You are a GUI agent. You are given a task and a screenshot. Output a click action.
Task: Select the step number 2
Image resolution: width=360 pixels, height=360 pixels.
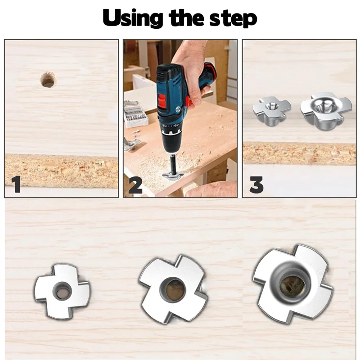coord(135,185)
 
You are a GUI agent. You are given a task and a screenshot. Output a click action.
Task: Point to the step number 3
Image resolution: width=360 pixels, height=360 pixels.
coord(256,185)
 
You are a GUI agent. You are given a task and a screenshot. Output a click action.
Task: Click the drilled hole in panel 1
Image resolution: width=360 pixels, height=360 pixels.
coord(48,80)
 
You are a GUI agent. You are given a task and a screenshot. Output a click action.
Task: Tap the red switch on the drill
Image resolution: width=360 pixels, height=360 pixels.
coord(163,100)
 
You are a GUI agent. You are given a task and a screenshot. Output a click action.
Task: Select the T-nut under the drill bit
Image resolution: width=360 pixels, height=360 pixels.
coord(172,176)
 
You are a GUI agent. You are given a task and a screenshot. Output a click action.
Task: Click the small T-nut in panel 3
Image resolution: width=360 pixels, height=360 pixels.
coord(272,111)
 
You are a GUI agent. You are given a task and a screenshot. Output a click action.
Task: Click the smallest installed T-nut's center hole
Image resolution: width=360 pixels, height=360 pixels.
coord(62,290)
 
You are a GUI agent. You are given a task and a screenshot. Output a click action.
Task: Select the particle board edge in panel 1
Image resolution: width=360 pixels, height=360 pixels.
coord(62,171)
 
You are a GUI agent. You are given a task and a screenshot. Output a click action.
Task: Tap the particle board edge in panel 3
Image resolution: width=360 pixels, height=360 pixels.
coord(299,153)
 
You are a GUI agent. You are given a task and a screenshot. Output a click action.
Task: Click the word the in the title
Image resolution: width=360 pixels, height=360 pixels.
coord(186,18)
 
